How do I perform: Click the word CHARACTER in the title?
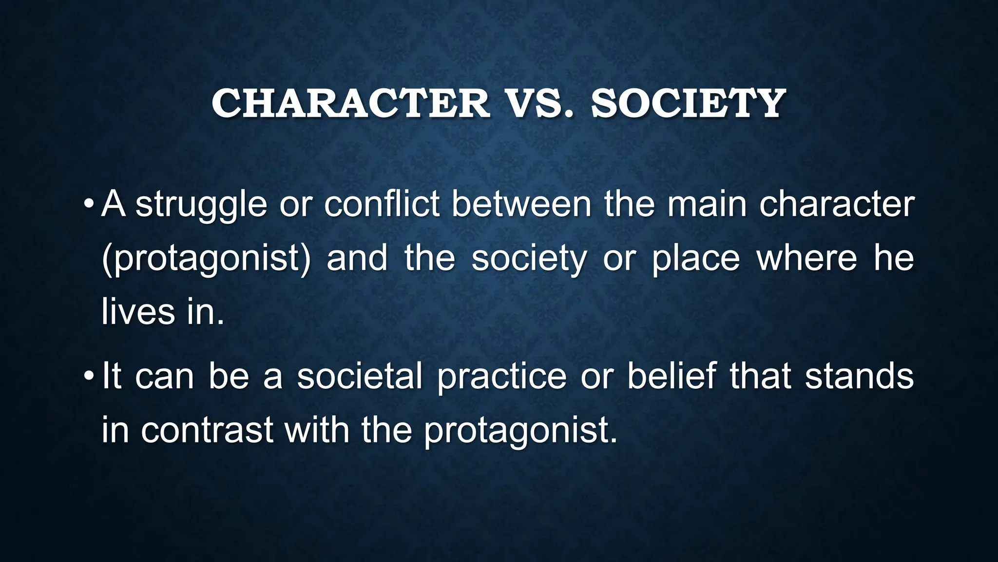(x=350, y=103)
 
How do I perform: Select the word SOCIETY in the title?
(x=688, y=103)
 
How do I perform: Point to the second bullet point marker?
(x=88, y=376)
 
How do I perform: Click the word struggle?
(x=201, y=205)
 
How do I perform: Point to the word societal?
(x=360, y=377)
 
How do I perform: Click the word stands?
(x=859, y=377)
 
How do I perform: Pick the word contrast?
(x=207, y=430)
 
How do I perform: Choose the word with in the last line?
(x=317, y=430)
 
